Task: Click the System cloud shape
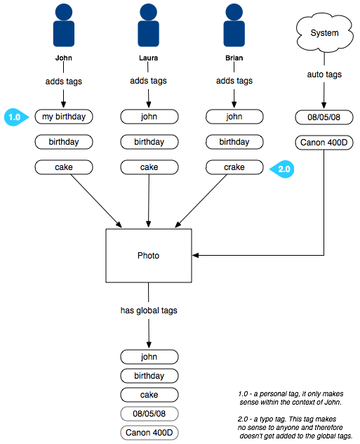coord(324,33)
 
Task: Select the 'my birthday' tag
coord(64,117)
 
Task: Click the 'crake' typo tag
coord(234,167)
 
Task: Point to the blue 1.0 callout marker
coord(16,117)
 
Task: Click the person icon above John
coord(64,25)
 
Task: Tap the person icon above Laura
coord(149,25)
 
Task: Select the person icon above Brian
coord(234,25)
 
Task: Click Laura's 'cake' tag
coord(149,167)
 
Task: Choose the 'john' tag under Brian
coord(234,117)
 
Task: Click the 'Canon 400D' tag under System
coord(324,143)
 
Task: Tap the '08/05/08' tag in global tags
coord(149,414)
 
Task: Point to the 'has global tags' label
coord(149,311)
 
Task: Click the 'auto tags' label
coord(324,74)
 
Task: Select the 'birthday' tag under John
coord(64,142)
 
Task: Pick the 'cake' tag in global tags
coord(149,395)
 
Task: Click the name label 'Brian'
coord(234,58)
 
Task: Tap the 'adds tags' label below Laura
coord(149,81)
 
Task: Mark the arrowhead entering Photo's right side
coord(195,256)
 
